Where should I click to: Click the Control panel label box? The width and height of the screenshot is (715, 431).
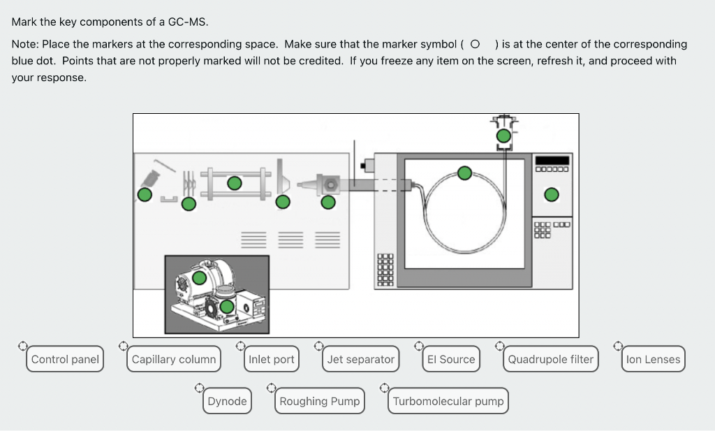click(66, 360)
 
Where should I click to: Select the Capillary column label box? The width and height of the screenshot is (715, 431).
click(174, 360)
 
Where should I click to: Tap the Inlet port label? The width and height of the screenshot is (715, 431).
click(272, 360)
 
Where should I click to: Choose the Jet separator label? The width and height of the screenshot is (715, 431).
click(360, 360)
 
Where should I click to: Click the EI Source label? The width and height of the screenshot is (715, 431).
click(451, 360)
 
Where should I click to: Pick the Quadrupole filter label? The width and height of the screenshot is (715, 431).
click(550, 360)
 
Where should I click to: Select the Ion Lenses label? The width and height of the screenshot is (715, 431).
click(653, 360)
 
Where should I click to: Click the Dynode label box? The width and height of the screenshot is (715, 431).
click(227, 401)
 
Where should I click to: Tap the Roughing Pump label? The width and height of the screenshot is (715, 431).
click(320, 401)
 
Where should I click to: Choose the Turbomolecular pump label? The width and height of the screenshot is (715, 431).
click(448, 401)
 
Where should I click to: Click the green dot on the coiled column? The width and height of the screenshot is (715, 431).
click(464, 173)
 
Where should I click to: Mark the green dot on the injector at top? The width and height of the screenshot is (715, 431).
click(503, 135)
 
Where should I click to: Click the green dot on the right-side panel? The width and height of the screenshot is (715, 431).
click(552, 194)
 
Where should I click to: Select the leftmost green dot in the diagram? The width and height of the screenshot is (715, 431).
click(145, 194)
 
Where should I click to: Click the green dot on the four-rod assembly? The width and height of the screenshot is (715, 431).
click(235, 183)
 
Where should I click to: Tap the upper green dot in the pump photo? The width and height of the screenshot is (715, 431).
click(200, 277)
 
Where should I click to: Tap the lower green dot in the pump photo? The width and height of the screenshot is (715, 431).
click(227, 307)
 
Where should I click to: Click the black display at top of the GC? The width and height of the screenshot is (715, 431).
click(552, 160)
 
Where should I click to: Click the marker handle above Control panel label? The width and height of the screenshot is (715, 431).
click(22, 345)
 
